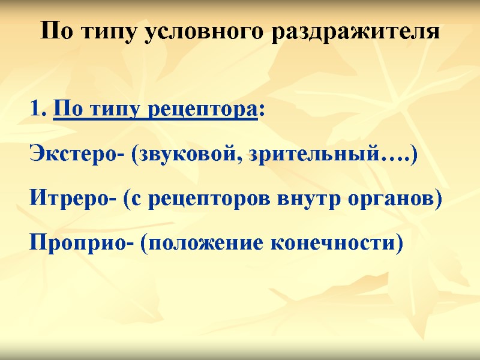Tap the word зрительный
click(316, 155)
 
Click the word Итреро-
click(73, 199)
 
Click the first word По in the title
click(59, 31)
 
